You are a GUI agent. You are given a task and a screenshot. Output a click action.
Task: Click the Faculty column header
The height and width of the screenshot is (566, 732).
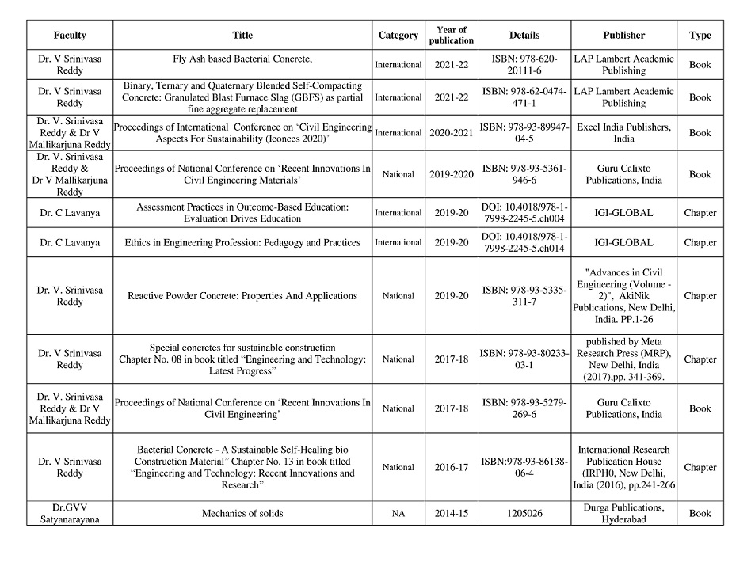click(x=70, y=35)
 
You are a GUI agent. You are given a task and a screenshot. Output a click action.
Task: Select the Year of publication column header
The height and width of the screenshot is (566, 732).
click(x=452, y=35)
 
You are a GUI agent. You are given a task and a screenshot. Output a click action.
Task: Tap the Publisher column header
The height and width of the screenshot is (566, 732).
click(x=623, y=35)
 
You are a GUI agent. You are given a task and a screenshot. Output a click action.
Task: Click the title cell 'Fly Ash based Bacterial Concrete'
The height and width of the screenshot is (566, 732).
click(x=243, y=59)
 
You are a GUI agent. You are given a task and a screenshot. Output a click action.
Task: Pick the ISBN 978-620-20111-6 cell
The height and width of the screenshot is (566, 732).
click(x=524, y=65)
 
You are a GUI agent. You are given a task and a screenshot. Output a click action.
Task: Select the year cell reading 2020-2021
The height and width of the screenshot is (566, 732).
click(x=452, y=133)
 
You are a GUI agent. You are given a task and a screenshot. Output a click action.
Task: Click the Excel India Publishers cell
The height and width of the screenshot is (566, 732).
click(x=623, y=133)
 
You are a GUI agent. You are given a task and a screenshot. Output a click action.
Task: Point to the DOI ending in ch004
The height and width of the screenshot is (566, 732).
click(x=524, y=212)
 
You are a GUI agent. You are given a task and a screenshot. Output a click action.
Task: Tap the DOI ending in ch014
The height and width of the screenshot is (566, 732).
click(x=524, y=242)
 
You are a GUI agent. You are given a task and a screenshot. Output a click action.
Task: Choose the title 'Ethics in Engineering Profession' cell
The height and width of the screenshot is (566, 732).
click(x=243, y=242)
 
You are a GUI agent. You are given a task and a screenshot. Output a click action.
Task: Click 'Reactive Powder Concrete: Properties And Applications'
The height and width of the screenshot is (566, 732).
click(x=243, y=296)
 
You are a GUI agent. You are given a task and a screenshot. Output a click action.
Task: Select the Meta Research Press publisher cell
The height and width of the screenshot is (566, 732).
click(x=623, y=359)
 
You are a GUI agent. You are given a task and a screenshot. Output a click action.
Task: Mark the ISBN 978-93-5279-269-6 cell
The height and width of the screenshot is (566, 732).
click(x=524, y=408)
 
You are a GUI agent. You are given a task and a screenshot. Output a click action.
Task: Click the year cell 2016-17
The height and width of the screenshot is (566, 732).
click(x=452, y=467)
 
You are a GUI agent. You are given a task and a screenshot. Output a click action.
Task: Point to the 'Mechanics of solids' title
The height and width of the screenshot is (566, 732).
click(x=243, y=513)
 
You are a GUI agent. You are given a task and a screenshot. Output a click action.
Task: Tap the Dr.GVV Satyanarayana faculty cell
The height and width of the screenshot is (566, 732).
click(x=70, y=513)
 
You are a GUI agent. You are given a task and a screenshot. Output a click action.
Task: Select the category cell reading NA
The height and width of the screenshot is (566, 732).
click(x=398, y=513)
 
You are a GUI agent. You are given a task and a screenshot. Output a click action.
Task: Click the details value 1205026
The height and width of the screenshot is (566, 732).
click(x=524, y=513)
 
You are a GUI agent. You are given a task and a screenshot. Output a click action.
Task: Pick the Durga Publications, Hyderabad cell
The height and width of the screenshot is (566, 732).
click(x=623, y=513)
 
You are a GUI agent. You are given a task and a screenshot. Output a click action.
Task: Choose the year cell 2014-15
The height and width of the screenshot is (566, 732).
click(x=452, y=513)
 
